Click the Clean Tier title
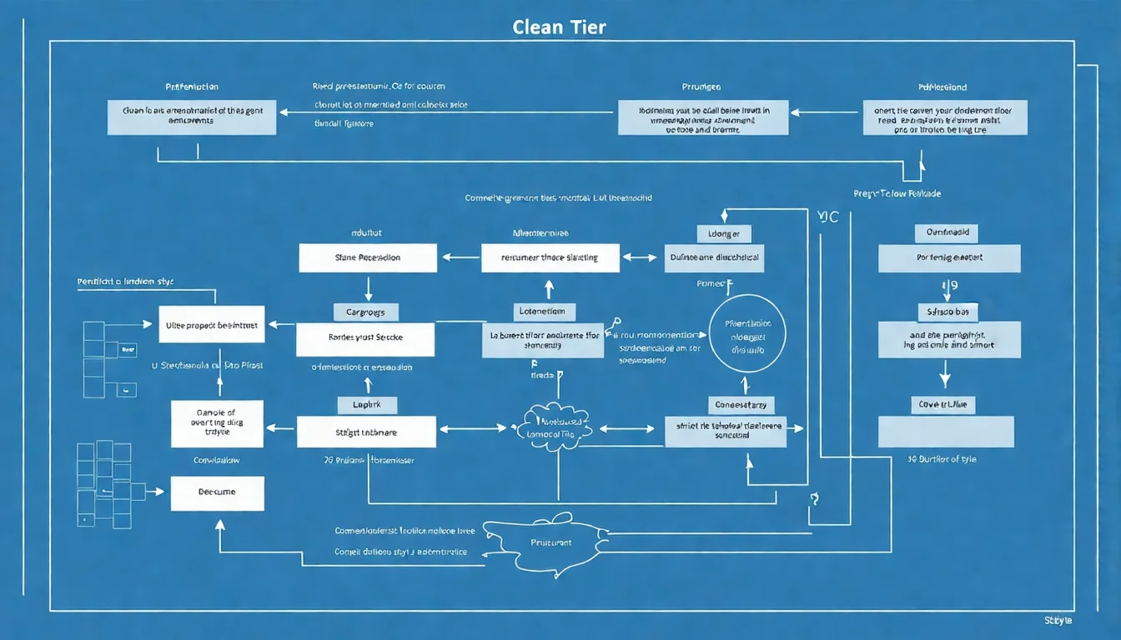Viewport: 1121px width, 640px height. point(560,27)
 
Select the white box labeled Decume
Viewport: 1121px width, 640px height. point(217,492)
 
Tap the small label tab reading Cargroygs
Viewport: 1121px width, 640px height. point(365,312)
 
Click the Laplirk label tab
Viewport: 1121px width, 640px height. point(366,405)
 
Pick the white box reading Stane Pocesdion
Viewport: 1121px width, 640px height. point(368,257)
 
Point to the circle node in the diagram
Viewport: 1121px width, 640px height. point(747,333)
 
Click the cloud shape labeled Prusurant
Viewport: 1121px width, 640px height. point(550,542)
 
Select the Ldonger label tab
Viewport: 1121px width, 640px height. point(723,234)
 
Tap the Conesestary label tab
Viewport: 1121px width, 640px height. point(741,405)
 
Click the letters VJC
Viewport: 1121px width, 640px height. point(829,217)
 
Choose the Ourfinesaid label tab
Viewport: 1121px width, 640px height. point(946,233)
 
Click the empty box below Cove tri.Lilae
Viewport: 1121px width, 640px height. point(946,432)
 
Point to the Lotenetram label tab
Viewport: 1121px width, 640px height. point(543,312)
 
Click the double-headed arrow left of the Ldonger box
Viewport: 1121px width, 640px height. point(641,258)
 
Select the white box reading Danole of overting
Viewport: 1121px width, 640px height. point(217,423)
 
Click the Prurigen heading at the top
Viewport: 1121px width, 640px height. point(701,87)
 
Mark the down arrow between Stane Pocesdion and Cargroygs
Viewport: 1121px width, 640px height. point(368,287)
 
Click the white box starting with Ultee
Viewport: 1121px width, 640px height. point(211,324)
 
